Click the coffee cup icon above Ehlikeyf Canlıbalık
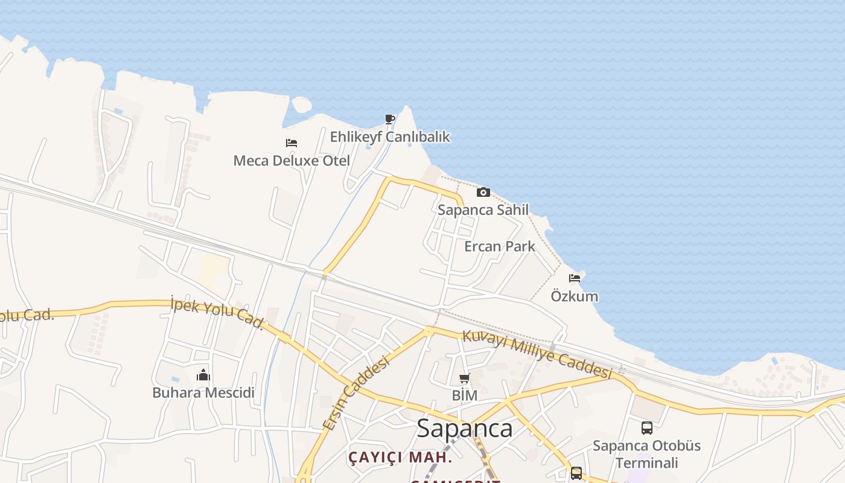pyautogui.click(x=390, y=119)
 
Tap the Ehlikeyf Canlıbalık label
pyautogui.click(x=390, y=137)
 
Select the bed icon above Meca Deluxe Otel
pyautogui.click(x=292, y=143)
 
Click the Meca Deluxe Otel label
pyautogui.click(x=292, y=161)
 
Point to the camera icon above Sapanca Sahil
pyautogui.click(x=483, y=192)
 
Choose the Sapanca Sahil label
pyautogui.click(x=483, y=210)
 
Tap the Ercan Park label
pyautogui.click(x=500, y=246)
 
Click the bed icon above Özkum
pyautogui.click(x=575, y=278)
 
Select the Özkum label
pyautogui.click(x=575, y=296)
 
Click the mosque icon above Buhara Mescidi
pyautogui.click(x=203, y=375)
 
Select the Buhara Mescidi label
pyautogui.click(x=203, y=393)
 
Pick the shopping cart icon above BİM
pyautogui.click(x=464, y=379)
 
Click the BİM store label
pyautogui.click(x=464, y=396)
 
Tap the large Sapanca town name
pyautogui.click(x=465, y=429)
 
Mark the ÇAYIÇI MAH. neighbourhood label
pyautogui.click(x=400, y=457)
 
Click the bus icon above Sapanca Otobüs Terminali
pyautogui.click(x=646, y=428)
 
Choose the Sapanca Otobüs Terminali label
pyautogui.click(x=646, y=454)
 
